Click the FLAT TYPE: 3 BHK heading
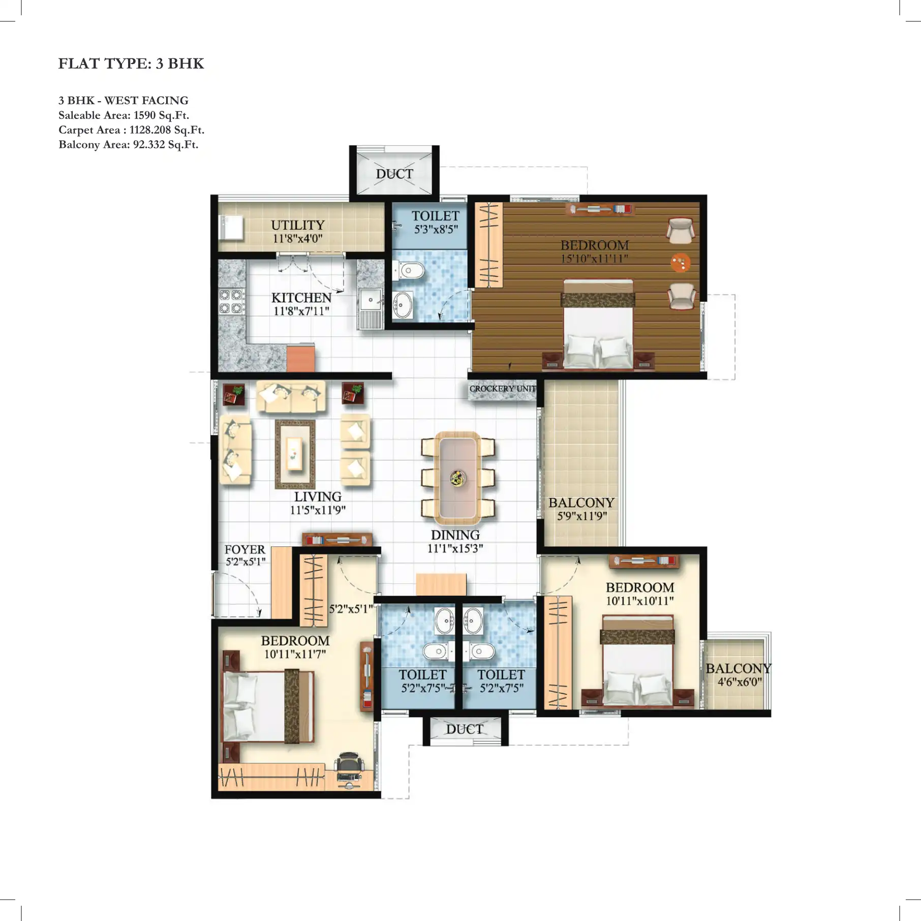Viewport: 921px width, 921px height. (131, 64)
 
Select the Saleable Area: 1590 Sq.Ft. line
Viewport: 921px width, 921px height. (124, 115)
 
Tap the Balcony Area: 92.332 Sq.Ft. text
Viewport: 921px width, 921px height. (128, 145)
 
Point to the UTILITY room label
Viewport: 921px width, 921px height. (297, 225)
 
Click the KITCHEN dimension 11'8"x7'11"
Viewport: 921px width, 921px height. (301, 311)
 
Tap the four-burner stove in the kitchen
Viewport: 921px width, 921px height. (231, 301)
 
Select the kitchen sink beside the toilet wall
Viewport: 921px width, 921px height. (371, 301)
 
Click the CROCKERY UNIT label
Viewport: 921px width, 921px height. (502, 389)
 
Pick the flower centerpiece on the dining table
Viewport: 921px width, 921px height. (458, 478)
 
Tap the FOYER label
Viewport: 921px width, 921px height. (244, 550)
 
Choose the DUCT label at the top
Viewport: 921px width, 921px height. (394, 174)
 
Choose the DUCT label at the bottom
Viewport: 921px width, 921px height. (465, 729)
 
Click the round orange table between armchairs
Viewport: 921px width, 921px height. (680, 263)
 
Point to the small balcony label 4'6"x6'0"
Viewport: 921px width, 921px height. (739, 682)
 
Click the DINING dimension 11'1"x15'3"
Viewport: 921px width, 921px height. (455, 548)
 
